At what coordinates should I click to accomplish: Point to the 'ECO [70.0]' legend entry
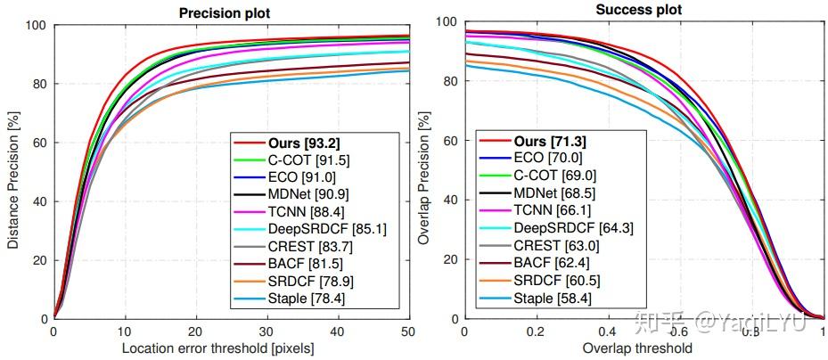pos(540,157)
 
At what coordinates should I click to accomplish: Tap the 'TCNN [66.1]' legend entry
pos(544,209)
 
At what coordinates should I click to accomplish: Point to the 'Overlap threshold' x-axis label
pos(643,348)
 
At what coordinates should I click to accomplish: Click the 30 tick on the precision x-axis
pos(266,331)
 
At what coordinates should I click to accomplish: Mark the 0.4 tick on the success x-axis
pos(608,331)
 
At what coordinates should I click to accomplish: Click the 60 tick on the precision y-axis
pos(39,143)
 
